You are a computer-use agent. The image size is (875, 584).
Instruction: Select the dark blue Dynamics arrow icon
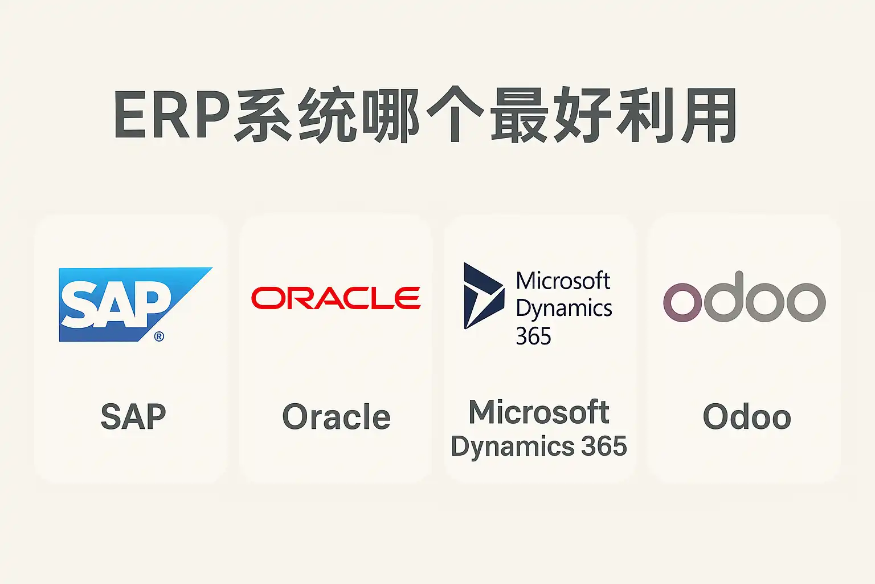pyautogui.click(x=483, y=295)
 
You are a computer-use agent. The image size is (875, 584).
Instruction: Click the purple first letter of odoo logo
pyautogui.click(x=682, y=302)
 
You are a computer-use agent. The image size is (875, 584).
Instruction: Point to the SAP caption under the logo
pyautogui.click(x=133, y=417)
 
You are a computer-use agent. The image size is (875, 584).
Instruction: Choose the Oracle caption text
pyautogui.click(x=336, y=417)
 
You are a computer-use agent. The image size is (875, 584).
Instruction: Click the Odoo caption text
pyautogui.click(x=747, y=417)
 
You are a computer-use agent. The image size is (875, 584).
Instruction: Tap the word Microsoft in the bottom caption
pyautogui.click(x=539, y=412)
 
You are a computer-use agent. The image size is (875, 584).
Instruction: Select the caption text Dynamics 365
pyautogui.click(x=539, y=447)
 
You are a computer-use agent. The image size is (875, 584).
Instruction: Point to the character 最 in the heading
pyautogui.click(x=517, y=116)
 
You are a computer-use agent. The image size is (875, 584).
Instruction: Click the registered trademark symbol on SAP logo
pyautogui.click(x=159, y=336)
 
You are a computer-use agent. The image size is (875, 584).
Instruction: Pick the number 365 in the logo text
pyautogui.click(x=533, y=336)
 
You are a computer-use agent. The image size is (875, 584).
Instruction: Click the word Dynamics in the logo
pyautogui.click(x=563, y=309)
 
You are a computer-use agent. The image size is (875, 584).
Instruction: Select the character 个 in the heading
pyautogui.click(x=454, y=116)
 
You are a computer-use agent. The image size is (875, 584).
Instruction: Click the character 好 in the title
pyautogui.click(x=581, y=116)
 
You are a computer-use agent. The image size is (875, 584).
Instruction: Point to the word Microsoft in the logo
pyautogui.click(x=563, y=281)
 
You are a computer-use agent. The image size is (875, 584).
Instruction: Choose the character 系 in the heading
pyautogui.click(x=263, y=116)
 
